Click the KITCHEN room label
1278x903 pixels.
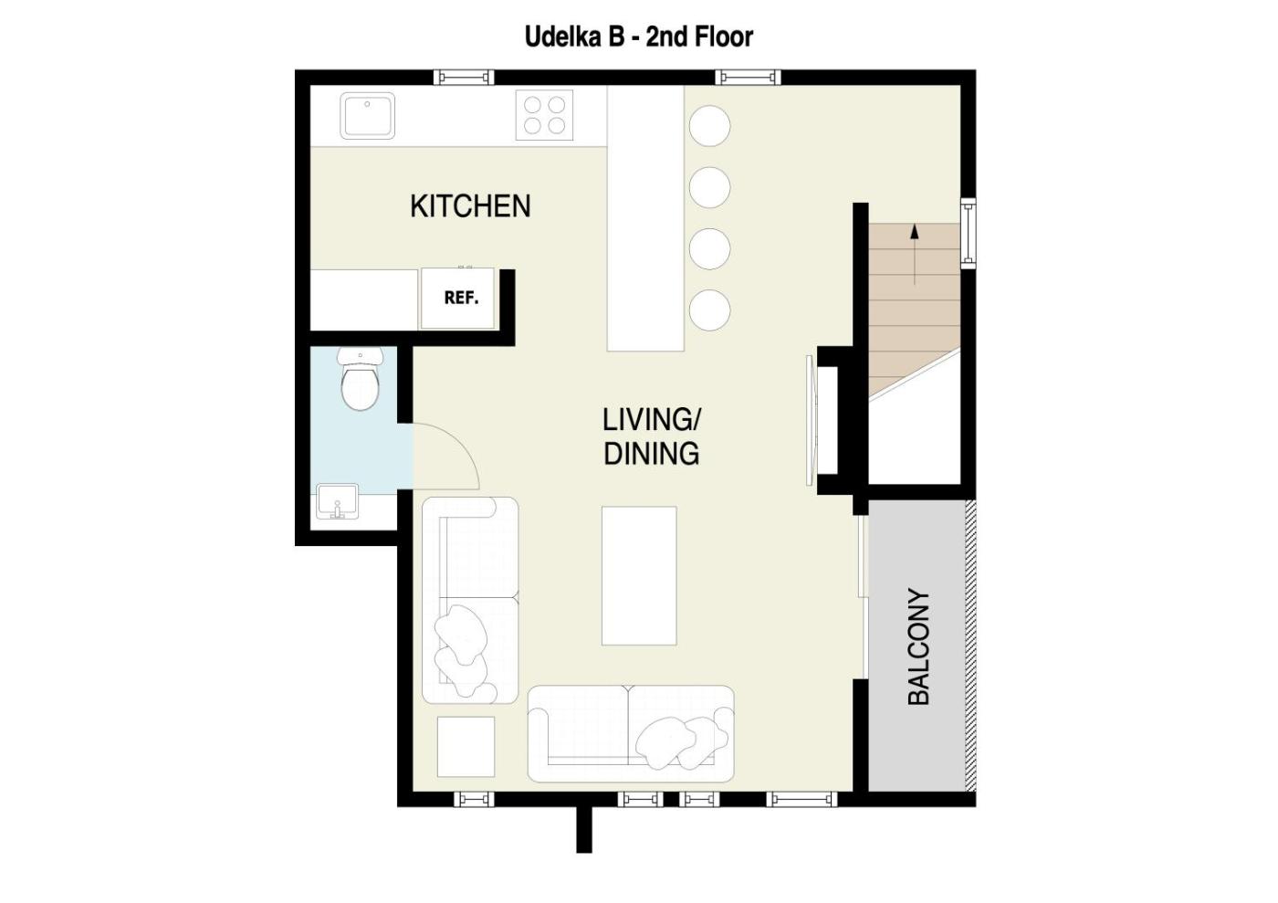pos(470,206)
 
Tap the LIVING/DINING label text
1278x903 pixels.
pos(652,436)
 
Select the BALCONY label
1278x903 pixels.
pos(918,646)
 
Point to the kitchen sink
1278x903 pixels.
pos(367,116)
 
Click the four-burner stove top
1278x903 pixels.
pos(544,115)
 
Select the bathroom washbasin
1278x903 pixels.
pos(337,502)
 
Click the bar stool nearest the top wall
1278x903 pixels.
pos(710,126)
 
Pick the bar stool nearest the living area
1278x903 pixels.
pos(710,310)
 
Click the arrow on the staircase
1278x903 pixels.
pos(915,254)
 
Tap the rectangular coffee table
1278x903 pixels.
pos(639,575)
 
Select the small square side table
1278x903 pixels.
pos(466,747)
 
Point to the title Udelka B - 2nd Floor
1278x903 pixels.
pos(639,37)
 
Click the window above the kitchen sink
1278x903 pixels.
pos(464,77)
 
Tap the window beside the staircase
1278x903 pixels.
pos(969,233)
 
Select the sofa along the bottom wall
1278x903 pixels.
pos(631,734)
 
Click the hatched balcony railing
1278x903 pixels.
pos(970,646)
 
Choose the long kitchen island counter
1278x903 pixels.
pos(645,218)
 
